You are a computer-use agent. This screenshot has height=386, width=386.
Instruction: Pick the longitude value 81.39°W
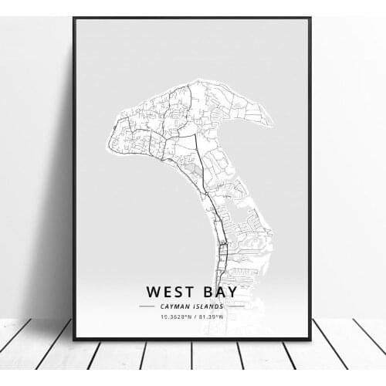click(x=212, y=316)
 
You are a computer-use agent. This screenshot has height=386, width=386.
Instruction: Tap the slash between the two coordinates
click(x=194, y=316)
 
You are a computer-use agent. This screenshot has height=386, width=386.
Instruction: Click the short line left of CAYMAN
click(x=147, y=306)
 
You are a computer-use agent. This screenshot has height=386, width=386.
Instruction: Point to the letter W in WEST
click(x=153, y=292)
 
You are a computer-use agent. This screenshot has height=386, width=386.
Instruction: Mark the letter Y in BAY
click(x=233, y=292)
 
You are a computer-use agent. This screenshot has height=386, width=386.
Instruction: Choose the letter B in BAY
click(x=206, y=292)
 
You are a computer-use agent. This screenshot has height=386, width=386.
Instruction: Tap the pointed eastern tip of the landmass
click(x=272, y=121)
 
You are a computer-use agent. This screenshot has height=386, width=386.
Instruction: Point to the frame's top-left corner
click(x=73, y=17)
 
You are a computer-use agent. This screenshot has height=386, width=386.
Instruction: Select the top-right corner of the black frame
click(x=310, y=17)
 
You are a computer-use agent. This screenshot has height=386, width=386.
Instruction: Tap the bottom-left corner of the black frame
click(x=73, y=339)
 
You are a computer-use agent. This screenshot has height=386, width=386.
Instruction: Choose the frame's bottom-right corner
click(x=310, y=339)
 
